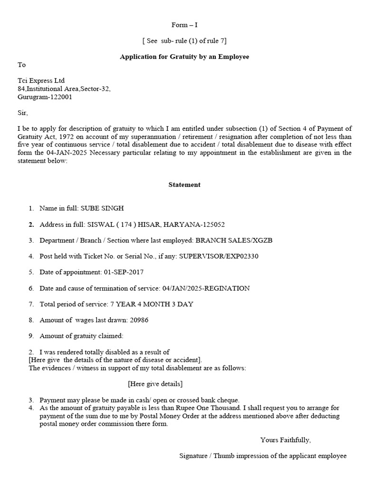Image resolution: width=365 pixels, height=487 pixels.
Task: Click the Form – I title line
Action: tap(184, 25)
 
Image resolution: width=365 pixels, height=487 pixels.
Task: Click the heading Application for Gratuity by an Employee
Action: tap(184, 57)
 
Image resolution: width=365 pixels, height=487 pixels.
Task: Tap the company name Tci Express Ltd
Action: tap(41, 80)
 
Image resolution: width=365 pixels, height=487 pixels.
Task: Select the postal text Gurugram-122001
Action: tap(45, 97)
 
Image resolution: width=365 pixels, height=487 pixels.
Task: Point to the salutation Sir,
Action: tap(23, 113)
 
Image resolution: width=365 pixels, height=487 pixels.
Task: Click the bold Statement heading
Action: tap(184, 185)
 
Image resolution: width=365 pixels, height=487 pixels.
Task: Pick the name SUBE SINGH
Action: tap(103, 208)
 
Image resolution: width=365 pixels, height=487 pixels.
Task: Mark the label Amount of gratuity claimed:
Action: tap(81, 336)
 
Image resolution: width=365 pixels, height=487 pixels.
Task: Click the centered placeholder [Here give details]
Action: tap(155, 383)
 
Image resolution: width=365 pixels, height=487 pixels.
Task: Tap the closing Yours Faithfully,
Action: tap(285, 439)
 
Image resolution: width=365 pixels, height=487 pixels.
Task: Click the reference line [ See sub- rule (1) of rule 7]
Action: tap(184, 40)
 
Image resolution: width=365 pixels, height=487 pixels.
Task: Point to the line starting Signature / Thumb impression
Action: tap(263, 456)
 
